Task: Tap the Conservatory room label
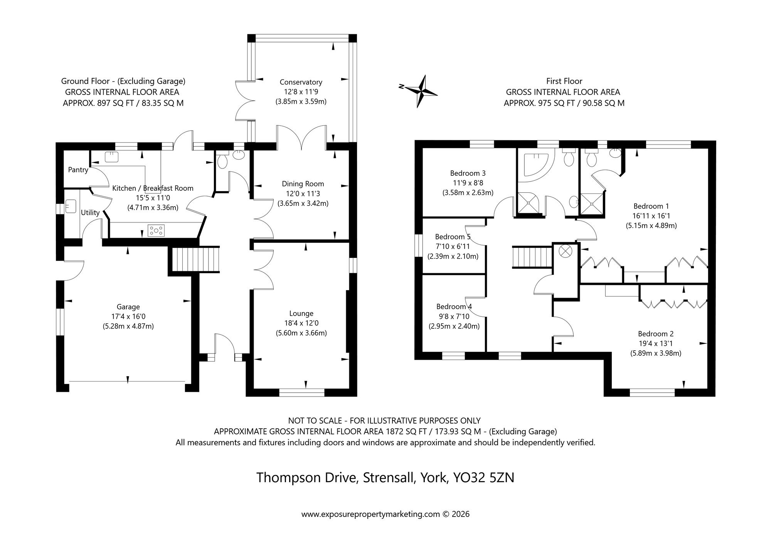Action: coord(301,82)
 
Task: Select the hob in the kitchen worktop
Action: coord(157,230)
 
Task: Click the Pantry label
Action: coord(78,170)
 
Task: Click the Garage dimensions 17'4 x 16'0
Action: coord(128,316)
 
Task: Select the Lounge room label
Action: coord(301,313)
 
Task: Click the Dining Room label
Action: coord(303,184)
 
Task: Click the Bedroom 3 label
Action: coord(468,173)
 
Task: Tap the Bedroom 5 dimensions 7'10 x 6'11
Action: coord(453,246)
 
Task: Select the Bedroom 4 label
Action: coord(454,306)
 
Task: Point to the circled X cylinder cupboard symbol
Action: coord(565,251)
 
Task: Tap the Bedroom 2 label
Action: coord(655,334)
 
